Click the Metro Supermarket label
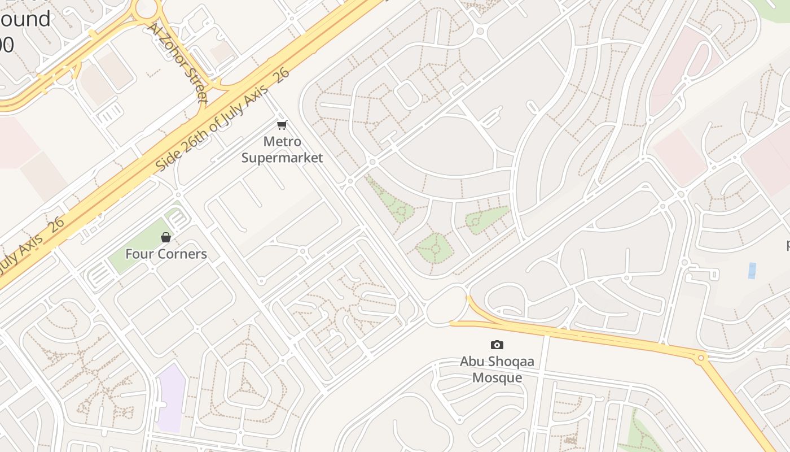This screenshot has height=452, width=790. (282, 149)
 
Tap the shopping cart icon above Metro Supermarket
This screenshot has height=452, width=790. (282, 125)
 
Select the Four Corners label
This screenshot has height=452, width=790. (166, 254)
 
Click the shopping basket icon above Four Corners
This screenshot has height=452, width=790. (166, 237)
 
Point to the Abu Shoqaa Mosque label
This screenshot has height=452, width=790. (497, 369)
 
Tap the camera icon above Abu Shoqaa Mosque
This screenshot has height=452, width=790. (497, 345)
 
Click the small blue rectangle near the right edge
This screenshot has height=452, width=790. (752, 271)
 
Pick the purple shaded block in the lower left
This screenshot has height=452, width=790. (170, 398)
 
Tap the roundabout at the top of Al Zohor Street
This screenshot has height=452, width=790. (146, 8)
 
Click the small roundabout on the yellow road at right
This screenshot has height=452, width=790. (701, 358)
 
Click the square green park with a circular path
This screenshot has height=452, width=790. (435, 248)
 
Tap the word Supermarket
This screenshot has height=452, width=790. (282, 158)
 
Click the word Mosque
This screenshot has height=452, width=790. (497, 377)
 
